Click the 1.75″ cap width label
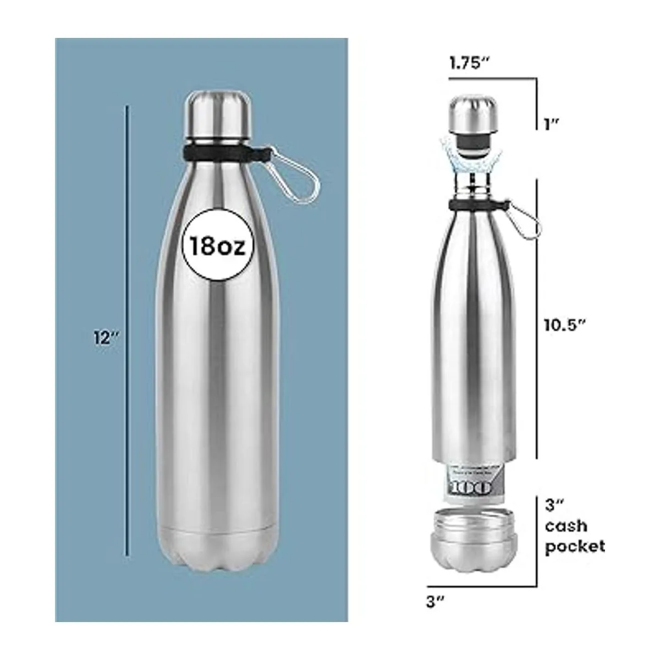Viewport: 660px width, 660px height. click(x=469, y=63)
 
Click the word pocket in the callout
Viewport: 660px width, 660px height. click(x=575, y=546)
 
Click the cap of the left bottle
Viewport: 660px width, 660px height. click(x=217, y=113)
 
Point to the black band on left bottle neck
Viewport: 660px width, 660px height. click(x=220, y=152)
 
